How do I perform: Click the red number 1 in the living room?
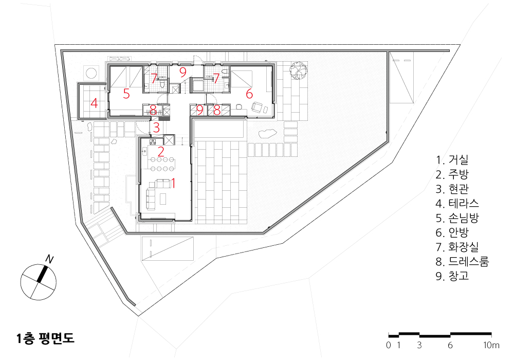173,183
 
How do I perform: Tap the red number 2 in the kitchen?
160,152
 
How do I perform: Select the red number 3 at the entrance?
156,127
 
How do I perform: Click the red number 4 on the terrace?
94,103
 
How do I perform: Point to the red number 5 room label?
126,94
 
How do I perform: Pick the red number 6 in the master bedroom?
249,94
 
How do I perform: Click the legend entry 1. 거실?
452,159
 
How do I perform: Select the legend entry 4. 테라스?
457,203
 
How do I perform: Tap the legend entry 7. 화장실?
457,246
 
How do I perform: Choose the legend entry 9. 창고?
452,276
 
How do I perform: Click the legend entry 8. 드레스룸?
462,261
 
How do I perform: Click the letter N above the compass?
49,259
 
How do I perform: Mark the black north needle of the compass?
43,274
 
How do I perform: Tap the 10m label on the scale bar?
491,345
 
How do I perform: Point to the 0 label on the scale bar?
389,345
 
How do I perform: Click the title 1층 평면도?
46,338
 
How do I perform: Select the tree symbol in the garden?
298,70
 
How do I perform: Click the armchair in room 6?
258,107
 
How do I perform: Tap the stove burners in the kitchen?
153,142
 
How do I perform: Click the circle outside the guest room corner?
91,73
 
